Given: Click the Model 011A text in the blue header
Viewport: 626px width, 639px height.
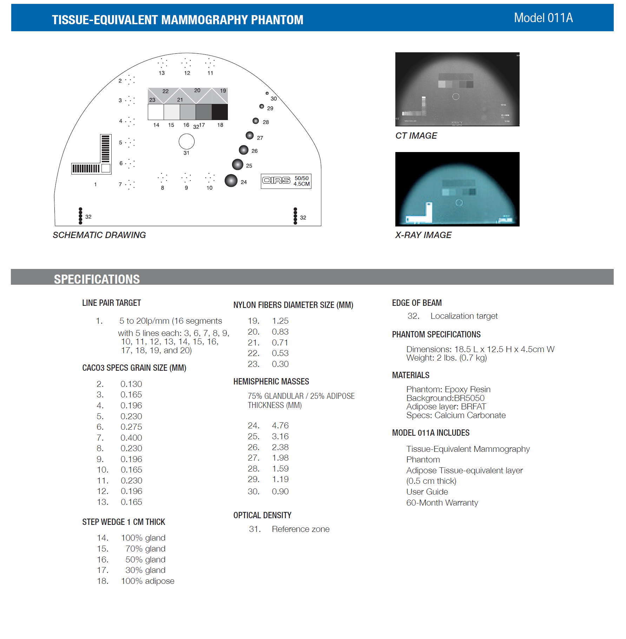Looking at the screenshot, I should (543, 18).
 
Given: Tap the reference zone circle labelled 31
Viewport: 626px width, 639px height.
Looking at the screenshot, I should (186, 141).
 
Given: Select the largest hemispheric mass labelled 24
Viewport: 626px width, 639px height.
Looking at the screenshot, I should (231, 180).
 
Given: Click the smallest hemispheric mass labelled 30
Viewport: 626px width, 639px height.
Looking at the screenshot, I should (267, 93).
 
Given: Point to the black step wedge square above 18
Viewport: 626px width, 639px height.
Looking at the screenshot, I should (220, 112).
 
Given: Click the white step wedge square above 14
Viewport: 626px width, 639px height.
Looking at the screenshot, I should (156, 112).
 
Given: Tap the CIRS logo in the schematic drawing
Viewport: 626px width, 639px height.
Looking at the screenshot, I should (276, 180).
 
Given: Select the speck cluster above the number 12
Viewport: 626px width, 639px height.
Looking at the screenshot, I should (186, 63).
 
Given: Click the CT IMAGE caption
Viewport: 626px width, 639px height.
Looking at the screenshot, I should (416, 136).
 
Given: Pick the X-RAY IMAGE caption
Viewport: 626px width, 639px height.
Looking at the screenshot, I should (423, 235).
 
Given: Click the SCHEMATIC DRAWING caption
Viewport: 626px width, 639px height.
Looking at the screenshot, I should (99, 235).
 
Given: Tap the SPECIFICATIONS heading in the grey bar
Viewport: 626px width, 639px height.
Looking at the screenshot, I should (97, 279).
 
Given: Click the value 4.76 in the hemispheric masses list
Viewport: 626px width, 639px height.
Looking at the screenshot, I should (280, 426).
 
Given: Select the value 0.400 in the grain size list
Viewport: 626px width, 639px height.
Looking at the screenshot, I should (131, 438).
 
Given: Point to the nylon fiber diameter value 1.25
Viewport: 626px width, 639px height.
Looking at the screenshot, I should (280, 321).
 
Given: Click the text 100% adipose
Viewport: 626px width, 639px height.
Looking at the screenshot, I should (147, 581).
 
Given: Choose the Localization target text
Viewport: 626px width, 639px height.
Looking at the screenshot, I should (464, 316).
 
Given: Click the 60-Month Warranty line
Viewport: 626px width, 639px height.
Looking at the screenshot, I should (442, 503).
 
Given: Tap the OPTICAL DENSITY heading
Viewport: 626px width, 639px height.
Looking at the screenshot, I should (262, 515).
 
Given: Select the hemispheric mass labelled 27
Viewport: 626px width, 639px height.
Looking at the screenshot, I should (250, 135).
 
